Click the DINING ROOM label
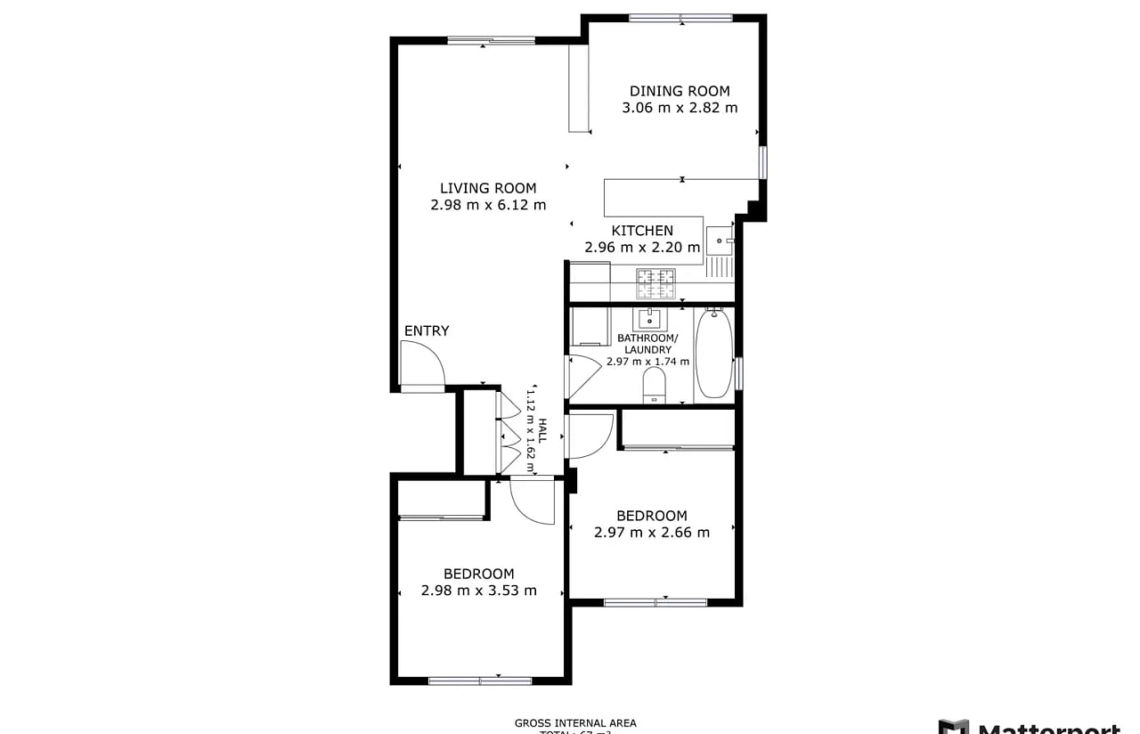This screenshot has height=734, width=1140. click(680, 91)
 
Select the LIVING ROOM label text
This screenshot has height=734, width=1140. click(488, 188)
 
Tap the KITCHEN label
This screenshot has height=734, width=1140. click(642, 231)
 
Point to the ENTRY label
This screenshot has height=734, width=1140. click(427, 331)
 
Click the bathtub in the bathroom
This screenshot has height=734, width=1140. click(713, 353)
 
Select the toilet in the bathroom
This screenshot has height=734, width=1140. click(655, 384)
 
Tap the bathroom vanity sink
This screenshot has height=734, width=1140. click(647, 318)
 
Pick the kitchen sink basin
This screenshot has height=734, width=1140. click(719, 239)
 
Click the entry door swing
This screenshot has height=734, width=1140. click(420, 365)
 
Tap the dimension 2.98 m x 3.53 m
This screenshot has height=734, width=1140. click(479, 591)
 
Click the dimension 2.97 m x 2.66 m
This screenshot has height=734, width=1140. click(652, 533)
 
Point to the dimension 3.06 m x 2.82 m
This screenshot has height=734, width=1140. click(680, 108)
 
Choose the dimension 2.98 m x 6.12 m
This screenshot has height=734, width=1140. click(488, 205)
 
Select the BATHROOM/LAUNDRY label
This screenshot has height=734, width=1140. click(647, 344)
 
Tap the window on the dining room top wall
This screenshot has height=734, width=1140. click(680, 18)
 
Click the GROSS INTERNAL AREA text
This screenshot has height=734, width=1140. click(575, 723)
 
